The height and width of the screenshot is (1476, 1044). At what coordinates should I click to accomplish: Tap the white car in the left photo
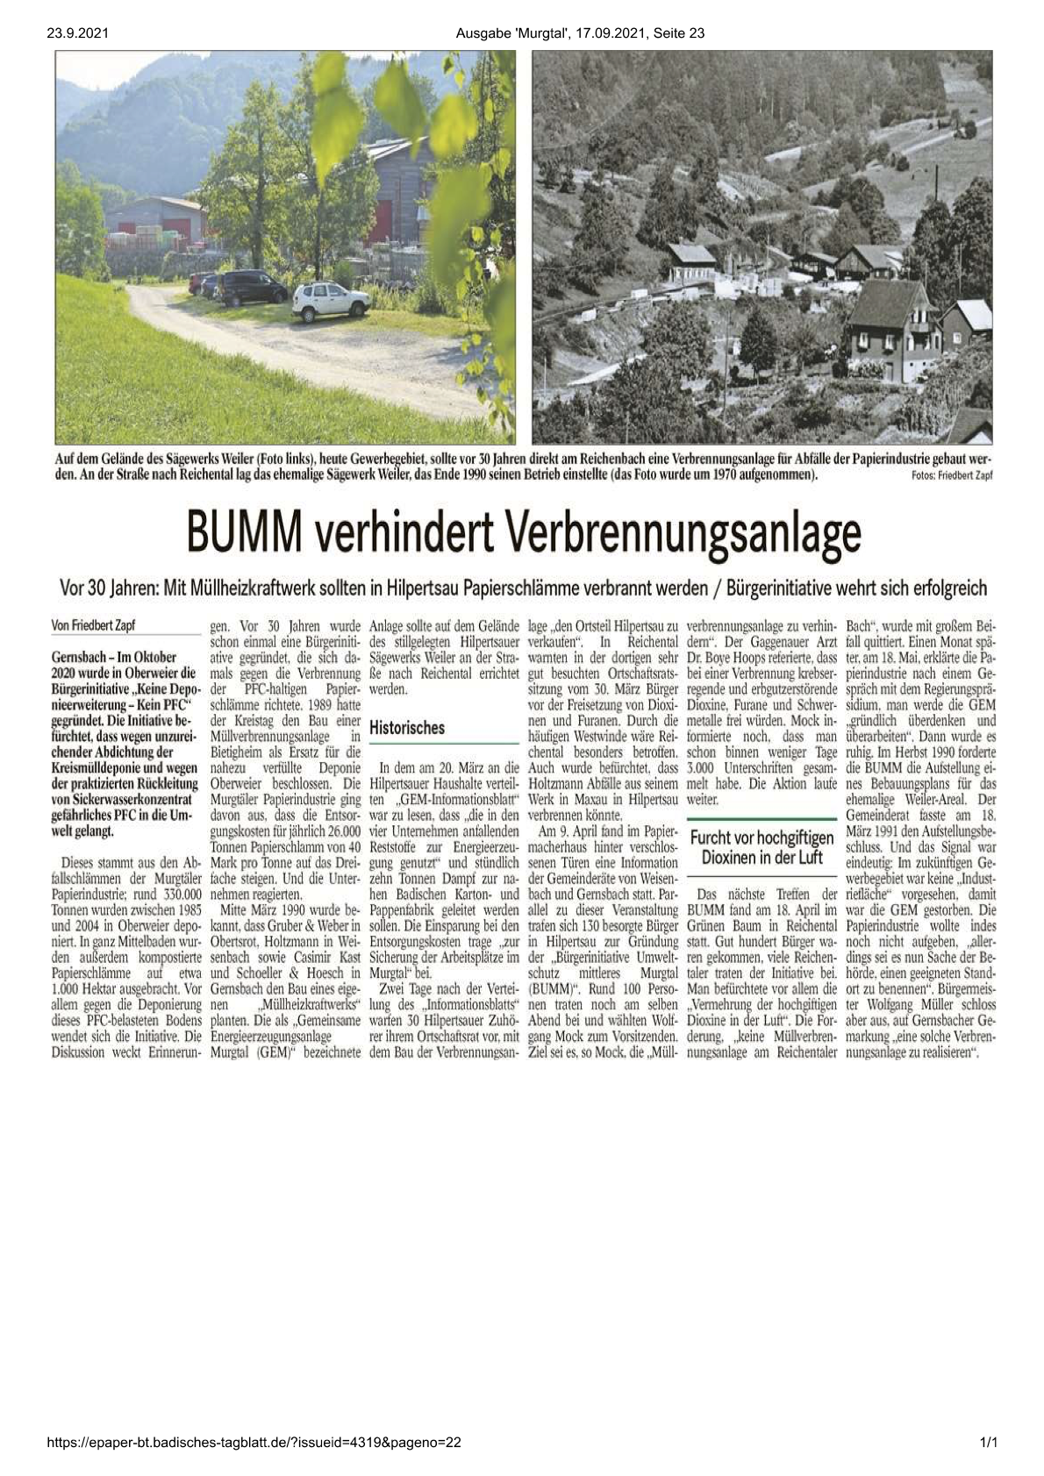330,301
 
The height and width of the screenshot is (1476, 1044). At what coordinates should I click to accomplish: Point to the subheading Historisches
407,727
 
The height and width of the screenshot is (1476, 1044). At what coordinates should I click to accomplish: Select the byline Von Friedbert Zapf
94,625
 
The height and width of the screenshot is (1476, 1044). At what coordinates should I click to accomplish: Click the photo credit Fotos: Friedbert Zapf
946,476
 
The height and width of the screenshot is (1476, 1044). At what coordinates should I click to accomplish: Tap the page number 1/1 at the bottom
989,1442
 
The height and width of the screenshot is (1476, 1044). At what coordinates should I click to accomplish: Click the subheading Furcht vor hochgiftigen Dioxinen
762,846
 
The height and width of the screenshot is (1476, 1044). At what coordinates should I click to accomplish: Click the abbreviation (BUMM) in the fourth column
551,988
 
